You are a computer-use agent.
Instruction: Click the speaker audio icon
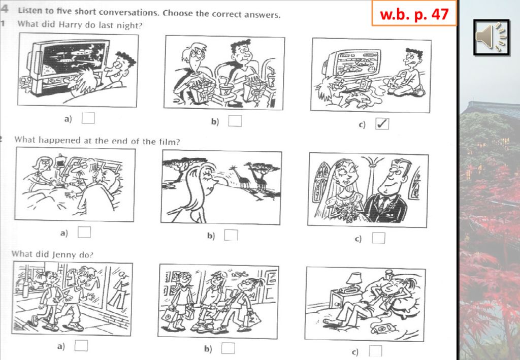tap(491, 37)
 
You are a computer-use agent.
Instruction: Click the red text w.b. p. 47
tap(414, 14)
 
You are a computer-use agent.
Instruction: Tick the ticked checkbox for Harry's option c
tap(382, 124)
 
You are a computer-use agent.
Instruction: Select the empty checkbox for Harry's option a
tap(88, 118)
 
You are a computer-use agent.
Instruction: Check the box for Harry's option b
tap(235, 121)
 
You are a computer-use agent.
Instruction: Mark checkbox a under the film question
tap(84, 232)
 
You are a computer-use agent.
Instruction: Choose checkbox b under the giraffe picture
tap(231, 235)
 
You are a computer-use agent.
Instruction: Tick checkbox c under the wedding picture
tap(378, 238)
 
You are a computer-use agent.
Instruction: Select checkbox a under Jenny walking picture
tap(81, 345)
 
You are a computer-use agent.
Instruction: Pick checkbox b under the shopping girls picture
tap(228, 348)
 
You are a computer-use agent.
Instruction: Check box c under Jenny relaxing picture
tap(375, 351)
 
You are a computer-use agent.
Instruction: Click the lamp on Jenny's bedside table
tap(354, 279)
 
